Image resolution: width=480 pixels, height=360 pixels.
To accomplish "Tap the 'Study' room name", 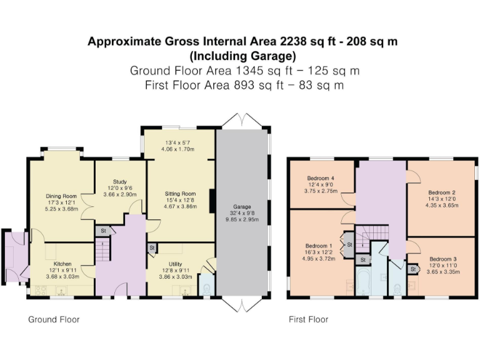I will coord(120,182).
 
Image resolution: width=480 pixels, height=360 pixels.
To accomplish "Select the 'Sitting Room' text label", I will coord(180,194).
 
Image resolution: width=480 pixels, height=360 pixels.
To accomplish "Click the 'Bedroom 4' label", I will coord(321,178).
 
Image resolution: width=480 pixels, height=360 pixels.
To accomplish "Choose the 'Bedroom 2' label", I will coord(441,192).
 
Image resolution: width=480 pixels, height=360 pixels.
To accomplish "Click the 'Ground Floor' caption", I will coord(54,319).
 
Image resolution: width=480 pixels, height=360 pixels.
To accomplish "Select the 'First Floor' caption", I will coord(308,319).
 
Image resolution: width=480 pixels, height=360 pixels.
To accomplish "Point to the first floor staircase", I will coord(376,236).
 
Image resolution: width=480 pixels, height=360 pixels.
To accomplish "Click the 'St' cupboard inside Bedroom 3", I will coord(412,269).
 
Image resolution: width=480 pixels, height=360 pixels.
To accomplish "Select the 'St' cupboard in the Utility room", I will coord(152,248).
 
